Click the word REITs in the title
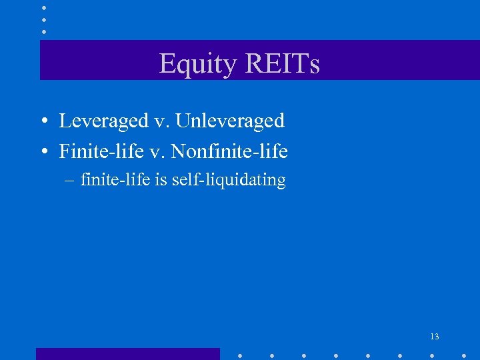pyautogui.click(x=282, y=64)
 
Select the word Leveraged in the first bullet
pyautogui.click(x=103, y=121)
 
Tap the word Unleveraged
pyautogui.click(x=230, y=121)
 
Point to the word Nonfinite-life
pyautogui.click(x=229, y=151)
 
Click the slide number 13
pyautogui.click(x=434, y=337)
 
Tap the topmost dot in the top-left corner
pyautogui.click(x=44, y=7)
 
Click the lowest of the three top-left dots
pyautogui.click(x=44, y=31)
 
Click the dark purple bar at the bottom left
pyautogui.click(x=127, y=354)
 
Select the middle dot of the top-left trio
pyautogui.click(x=44, y=19)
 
